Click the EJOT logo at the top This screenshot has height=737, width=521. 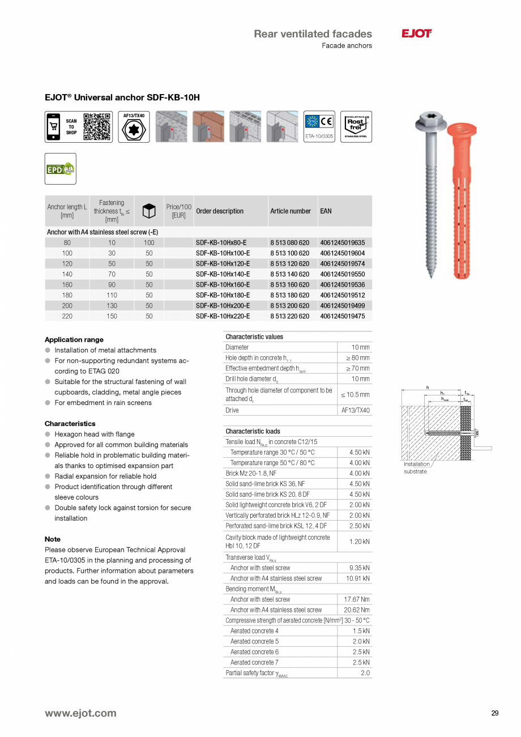(x=416, y=34)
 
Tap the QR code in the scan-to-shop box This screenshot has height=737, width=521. (x=96, y=127)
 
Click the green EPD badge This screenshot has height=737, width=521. (x=60, y=169)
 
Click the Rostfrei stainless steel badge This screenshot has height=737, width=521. (x=356, y=126)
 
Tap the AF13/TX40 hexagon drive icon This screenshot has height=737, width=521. (x=134, y=127)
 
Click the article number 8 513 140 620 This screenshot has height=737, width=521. (x=289, y=274)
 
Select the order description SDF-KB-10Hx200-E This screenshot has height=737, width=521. (x=223, y=306)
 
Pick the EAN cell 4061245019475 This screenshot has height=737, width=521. (x=342, y=316)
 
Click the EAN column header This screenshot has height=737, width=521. (x=326, y=211)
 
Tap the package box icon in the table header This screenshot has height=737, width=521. (x=148, y=211)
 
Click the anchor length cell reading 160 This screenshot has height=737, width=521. (x=67, y=285)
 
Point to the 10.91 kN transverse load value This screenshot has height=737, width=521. (x=357, y=578)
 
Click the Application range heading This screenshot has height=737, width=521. (x=74, y=340)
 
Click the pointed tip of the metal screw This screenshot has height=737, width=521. (x=432, y=276)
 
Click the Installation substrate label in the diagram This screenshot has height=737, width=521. (x=416, y=468)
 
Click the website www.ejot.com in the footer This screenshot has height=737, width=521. (x=80, y=713)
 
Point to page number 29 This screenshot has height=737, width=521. (x=494, y=713)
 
